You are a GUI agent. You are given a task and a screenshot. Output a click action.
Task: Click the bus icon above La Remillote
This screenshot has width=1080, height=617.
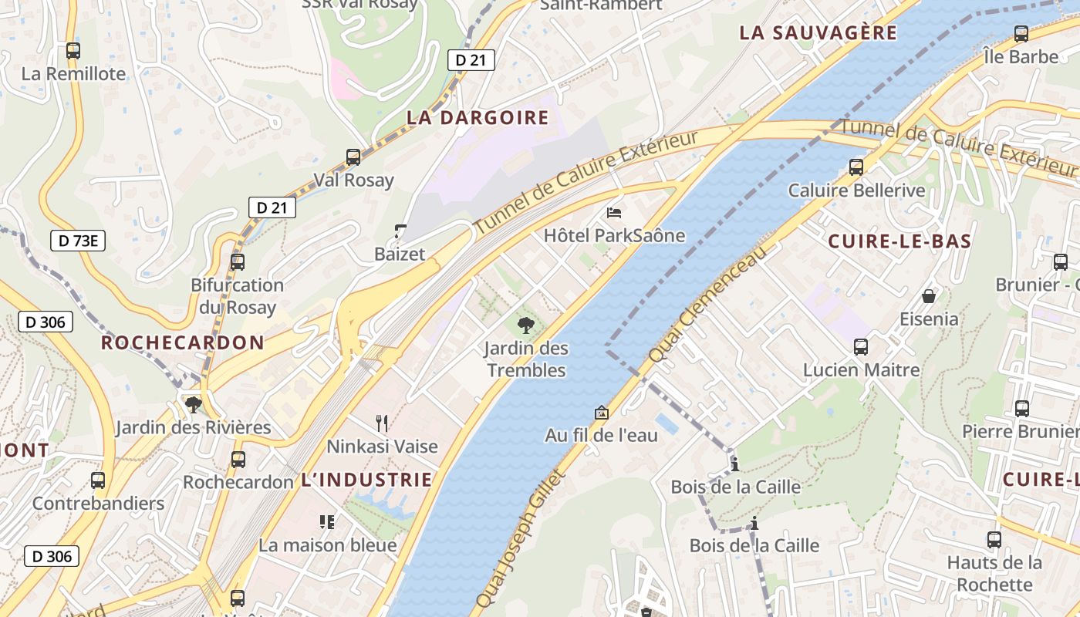pos(73,51)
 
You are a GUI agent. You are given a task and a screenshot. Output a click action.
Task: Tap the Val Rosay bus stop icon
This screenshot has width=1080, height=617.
pos(353,157)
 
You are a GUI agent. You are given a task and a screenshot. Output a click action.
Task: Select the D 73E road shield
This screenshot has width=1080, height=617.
pos(78,241)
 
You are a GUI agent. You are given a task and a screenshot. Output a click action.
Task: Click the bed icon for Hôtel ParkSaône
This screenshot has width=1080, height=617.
pos(614,212)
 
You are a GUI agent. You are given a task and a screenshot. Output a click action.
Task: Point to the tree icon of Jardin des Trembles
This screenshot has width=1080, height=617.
pos(526,325)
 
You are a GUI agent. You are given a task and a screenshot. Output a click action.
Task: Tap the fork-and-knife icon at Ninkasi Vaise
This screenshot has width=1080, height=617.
pos(381,423)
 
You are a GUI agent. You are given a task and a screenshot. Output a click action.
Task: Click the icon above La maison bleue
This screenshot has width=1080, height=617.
pos(327,522)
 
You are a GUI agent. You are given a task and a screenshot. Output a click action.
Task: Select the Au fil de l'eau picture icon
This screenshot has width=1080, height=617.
pos(601,413)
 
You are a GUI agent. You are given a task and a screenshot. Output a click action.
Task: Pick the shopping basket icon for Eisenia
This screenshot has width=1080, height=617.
pos(929,296)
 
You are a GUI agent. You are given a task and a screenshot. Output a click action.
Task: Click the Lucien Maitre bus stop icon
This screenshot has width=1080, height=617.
pos(861,347)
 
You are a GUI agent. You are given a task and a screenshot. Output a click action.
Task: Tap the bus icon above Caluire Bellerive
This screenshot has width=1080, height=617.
pos(856,167)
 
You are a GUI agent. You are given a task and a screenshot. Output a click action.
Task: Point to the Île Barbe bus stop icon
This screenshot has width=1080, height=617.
pos(1021,34)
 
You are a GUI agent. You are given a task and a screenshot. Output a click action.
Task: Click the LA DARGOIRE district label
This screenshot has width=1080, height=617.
pos(478,118)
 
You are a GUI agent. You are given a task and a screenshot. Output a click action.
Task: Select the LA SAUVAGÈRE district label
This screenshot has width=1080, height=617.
pos(818,33)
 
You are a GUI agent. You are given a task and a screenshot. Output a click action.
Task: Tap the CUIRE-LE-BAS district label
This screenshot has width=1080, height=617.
pos(899,241)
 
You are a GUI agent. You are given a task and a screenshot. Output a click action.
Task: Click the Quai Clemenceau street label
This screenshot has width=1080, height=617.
pos(709,305)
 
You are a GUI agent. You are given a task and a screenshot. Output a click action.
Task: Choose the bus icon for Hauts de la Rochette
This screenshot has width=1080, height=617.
pos(994,540)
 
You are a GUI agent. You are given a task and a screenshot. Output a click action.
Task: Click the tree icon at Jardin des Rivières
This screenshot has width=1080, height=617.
pos(193,404)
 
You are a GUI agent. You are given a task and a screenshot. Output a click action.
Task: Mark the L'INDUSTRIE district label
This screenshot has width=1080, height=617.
pos(366,480)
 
